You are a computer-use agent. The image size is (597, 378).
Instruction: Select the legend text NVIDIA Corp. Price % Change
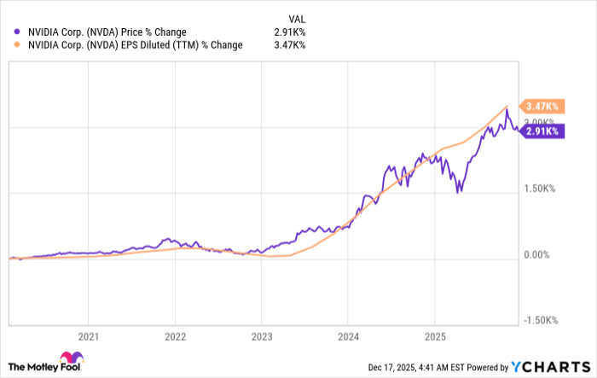click(x=107, y=31)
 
